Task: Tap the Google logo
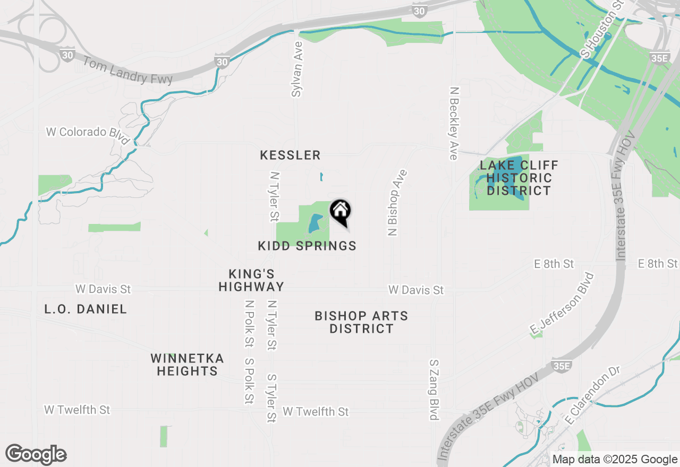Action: [36, 455]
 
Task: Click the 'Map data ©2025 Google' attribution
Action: [615, 460]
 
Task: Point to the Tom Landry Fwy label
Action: [127, 71]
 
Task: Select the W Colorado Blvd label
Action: [88, 135]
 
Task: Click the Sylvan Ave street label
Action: [297, 69]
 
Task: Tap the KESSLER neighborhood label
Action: [290, 155]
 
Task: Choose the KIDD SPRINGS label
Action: [307, 246]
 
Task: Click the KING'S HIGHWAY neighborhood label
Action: [251, 280]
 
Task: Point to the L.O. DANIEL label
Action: [86, 309]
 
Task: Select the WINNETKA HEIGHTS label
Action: [187, 365]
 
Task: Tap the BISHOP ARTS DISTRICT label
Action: [361, 322]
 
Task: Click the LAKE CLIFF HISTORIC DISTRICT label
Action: [519, 178]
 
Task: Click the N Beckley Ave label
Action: [454, 123]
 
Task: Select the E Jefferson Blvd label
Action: [562, 304]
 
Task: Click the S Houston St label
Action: [602, 29]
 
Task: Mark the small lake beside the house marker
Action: [314, 223]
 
